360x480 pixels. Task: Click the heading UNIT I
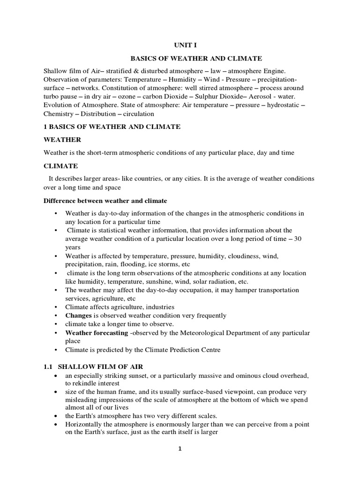pos(180,46)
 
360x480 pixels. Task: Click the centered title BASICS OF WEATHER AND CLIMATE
pos(195,59)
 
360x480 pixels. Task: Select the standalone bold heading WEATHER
pos(62,140)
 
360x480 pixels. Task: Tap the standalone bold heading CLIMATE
pos(60,166)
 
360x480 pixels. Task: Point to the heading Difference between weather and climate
pos(105,201)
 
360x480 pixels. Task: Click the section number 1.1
pos(49,366)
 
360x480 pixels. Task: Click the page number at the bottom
pos(180,449)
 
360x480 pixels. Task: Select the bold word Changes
pos(78,315)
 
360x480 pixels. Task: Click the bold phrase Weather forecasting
pos(97,332)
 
